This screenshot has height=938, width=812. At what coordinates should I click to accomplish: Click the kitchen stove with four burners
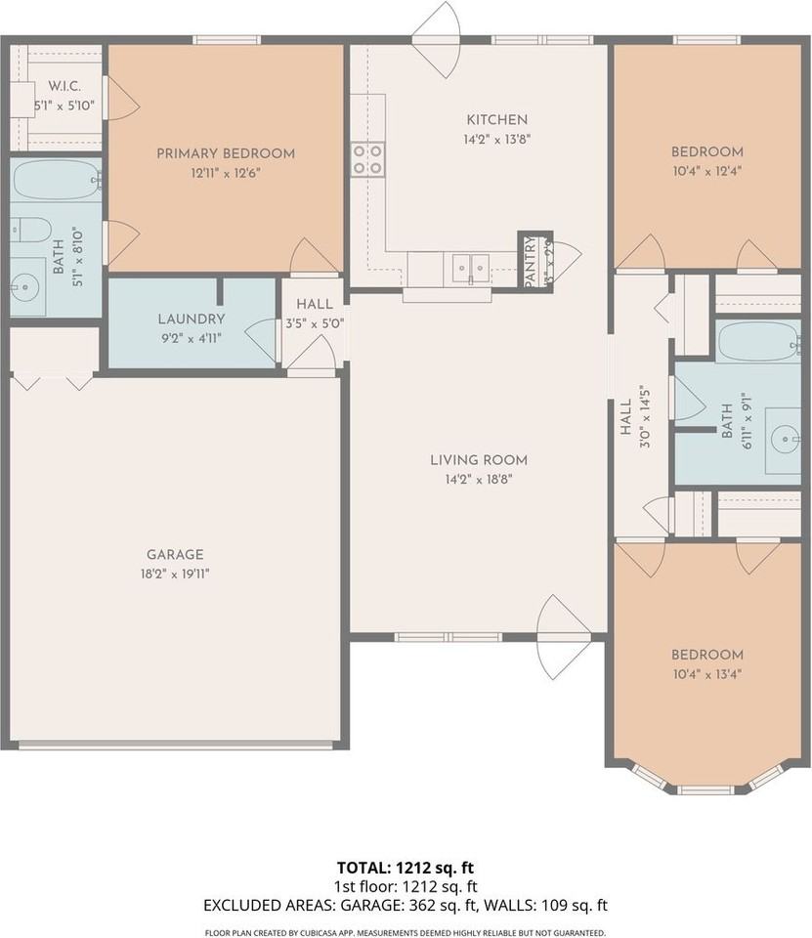(367, 159)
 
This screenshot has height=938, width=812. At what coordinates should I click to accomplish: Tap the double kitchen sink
(469, 267)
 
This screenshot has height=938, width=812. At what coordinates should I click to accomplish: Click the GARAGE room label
(175, 554)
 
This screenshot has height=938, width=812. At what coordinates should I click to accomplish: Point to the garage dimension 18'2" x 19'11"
(175, 574)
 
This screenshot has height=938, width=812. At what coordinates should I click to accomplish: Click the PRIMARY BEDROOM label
(226, 153)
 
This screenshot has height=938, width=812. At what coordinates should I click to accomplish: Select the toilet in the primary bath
(29, 231)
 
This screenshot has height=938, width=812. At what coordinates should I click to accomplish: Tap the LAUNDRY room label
(192, 319)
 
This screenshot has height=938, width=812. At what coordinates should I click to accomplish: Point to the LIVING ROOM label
(479, 459)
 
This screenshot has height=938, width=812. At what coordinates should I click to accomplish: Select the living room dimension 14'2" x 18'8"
(479, 479)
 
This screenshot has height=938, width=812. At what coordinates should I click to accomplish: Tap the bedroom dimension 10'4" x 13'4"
(706, 673)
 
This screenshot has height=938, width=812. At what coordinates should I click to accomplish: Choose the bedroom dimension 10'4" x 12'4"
(706, 171)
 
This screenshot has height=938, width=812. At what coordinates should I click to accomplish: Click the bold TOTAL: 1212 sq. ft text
(406, 868)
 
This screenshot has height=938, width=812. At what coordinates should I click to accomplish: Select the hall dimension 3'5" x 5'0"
(315, 323)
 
